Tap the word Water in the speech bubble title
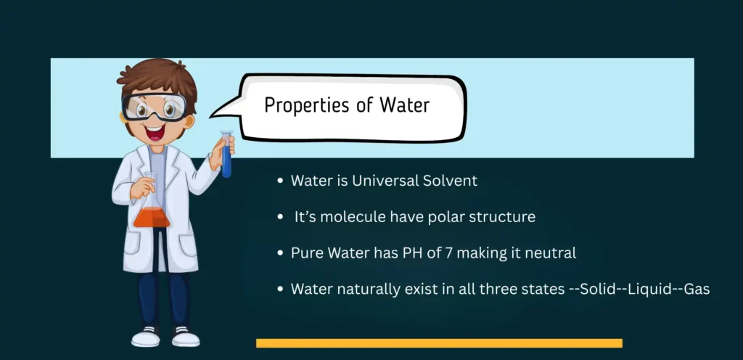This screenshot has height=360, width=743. click(404, 105)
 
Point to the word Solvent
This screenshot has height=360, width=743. click(450, 181)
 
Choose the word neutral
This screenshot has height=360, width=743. click(551, 253)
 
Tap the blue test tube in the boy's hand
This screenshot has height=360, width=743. click(226, 156)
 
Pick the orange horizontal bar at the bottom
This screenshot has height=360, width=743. click(439, 343)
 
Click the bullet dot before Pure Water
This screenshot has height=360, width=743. click(280, 253)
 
